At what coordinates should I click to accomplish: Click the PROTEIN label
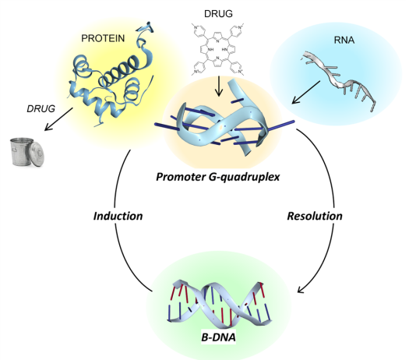tap(103, 38)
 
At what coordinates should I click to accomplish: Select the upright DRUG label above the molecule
tap(218, 14)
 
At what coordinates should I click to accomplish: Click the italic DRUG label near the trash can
tap(41, 109)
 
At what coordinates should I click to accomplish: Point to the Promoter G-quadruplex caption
tap(218, 177)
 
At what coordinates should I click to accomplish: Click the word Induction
tap(118, 216)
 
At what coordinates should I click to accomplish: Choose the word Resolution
tap(315, 216)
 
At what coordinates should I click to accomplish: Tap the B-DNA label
tap(218, 337)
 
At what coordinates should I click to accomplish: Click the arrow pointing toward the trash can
tap(58, 119)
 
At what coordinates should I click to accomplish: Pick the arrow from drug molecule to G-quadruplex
tap(219, 86)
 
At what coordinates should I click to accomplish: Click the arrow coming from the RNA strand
tap(306, 92)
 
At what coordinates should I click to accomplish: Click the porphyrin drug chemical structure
tap(218, 50)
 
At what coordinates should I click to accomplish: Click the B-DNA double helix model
tap(219, 302)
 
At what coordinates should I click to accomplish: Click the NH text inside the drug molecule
tap(210, 49)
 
